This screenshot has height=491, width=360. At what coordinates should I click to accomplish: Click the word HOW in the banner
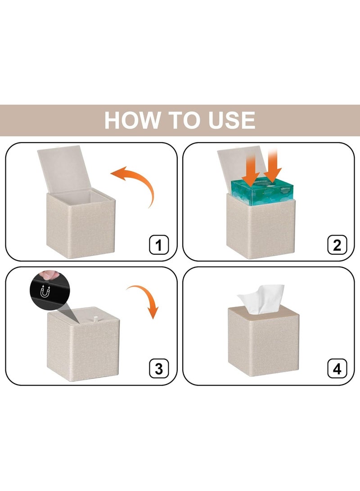(133, 120)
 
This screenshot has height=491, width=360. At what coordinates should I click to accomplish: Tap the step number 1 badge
(159, 244)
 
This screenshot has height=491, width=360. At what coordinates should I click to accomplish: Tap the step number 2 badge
(337, 244)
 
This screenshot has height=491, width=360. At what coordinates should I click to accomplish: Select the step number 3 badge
(159, 368)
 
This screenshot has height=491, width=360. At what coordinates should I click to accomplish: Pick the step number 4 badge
(337, 368)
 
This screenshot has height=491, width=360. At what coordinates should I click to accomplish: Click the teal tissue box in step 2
(262, 193)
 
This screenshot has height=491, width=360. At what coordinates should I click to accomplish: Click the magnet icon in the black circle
(45, 292)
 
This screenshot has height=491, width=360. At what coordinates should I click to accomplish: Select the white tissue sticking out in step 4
(261, 299)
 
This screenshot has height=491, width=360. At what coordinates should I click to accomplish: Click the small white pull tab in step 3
(96, 319)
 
